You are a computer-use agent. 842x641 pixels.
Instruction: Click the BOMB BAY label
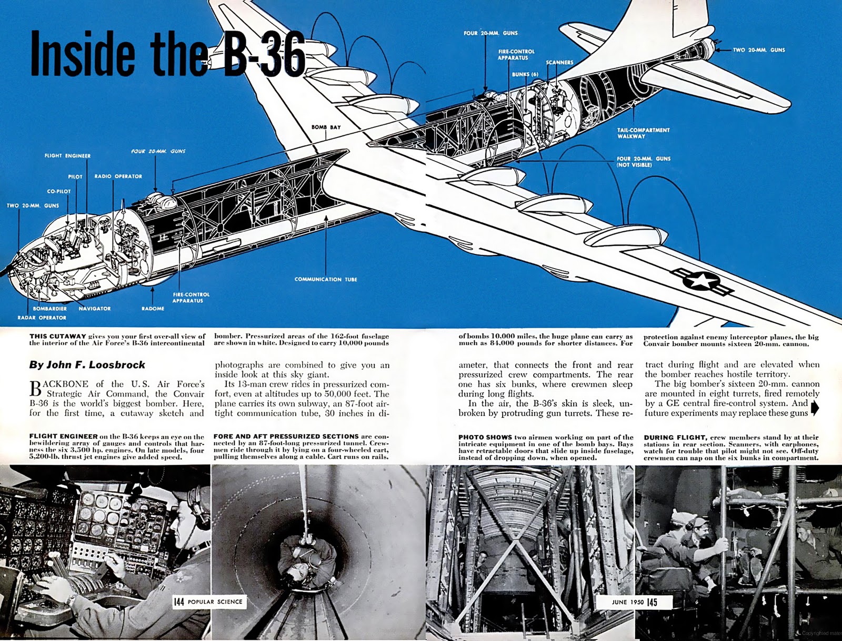pos(326,127)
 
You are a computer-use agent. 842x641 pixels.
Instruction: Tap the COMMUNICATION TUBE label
pos(326,279)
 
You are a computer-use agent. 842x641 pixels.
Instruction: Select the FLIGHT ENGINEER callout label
pos(67,156)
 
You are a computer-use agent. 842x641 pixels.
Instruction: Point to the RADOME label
pos(153,309)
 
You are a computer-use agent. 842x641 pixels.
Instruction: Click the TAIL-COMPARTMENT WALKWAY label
pos(643,133)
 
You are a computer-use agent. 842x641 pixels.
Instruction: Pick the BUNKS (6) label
pos(525,74)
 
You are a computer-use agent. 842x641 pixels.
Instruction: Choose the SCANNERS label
pos(559,62)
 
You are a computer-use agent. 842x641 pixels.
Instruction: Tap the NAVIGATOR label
pos(95,309)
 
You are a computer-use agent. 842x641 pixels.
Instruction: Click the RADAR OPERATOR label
pos(42,318)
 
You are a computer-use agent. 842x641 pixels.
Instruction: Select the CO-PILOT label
pos(59,191)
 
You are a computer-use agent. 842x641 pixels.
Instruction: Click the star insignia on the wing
pos(700,281)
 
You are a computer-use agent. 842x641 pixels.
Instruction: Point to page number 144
pos(179,601)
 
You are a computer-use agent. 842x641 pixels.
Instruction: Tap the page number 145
pos(652,602)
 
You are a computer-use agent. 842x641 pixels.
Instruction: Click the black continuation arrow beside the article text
pos(815,408)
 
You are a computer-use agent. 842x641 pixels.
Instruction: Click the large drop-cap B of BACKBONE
pos(35,388)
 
